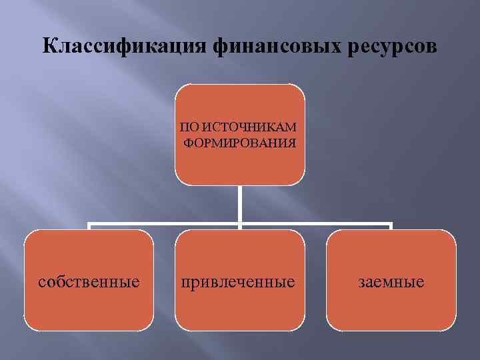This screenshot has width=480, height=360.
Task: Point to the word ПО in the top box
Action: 189,127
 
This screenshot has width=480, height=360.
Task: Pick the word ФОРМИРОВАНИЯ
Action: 240,142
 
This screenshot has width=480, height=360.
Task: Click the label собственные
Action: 89,282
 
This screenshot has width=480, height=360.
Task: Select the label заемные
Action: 391,282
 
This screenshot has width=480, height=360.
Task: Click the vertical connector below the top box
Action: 240,203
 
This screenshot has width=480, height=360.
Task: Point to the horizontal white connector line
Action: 167,224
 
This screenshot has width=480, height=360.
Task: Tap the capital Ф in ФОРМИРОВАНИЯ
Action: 189,142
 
